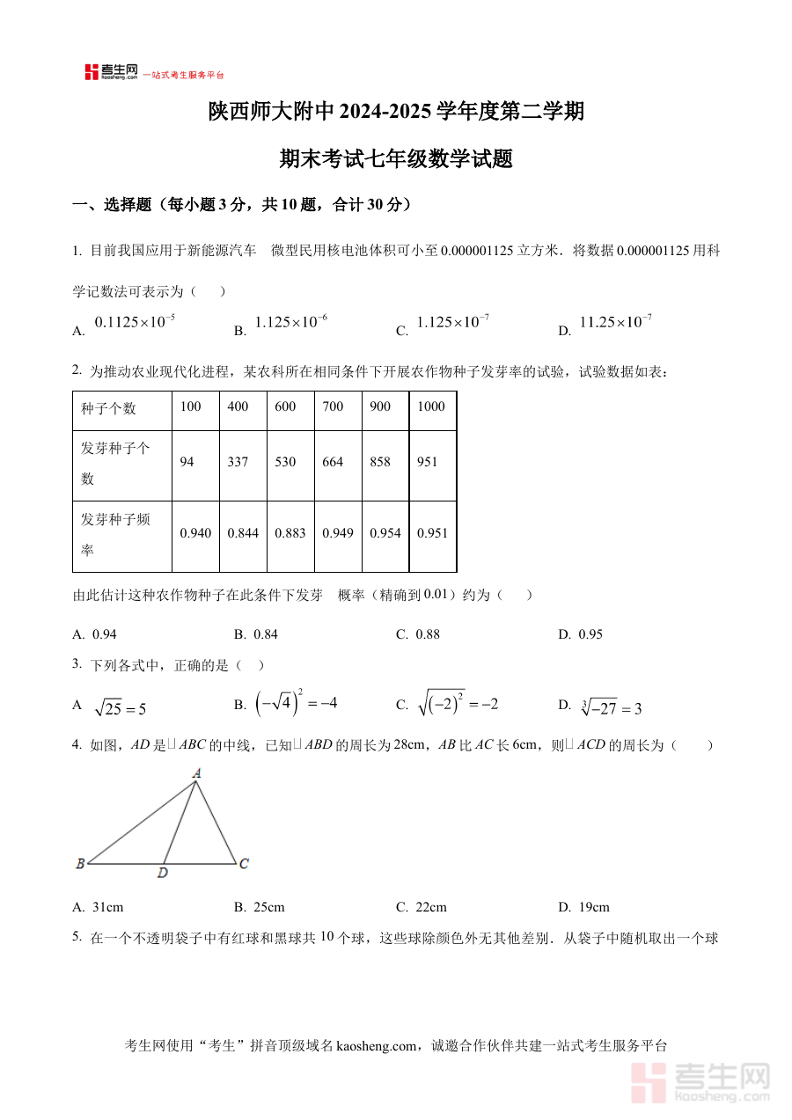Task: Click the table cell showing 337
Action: (238, 462)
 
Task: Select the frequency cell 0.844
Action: (243, 533)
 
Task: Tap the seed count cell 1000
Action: (431, 406)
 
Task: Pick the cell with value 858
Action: (380, 462)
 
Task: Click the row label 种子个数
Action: (108, 408)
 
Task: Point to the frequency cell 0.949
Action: (338, 533)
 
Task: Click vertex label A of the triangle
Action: (197, 773)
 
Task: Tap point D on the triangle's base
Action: (163, 873)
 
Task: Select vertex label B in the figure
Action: (80, 864)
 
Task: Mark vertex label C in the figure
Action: (244, 864)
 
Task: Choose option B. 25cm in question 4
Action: (260, 907)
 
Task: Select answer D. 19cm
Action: (584, 907)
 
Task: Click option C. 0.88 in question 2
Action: (418, 634)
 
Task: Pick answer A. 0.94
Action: (95, 634)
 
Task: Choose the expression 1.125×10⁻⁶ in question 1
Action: (290, 323)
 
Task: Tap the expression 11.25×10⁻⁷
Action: (615, 323)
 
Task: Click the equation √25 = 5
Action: (120, 708)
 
